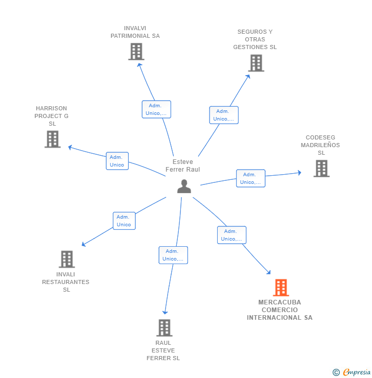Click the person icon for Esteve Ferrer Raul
click(x=184, y=186)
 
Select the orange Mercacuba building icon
click(x=281, y=288)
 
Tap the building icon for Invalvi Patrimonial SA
click(x=136, y=52)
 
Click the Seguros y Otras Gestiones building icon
click(x=255, y=63)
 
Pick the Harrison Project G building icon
click(x=52, y=139)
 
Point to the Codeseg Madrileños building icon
click(x=321, y=168)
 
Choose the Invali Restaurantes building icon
click(x=66, y=259)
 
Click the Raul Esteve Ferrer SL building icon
click(x=164, y=327)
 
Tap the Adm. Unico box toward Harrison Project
click(x=117, y=161)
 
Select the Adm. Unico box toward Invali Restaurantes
click(x=124, y=221)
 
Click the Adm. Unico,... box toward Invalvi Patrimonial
click(x=156, y=109)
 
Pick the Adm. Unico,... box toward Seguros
click(x=223, y=115)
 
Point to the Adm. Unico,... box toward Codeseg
click(x=250, y=178)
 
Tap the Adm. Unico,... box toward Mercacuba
click(x=231, y=235)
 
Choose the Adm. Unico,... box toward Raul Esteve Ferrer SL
click(x=173, y=255)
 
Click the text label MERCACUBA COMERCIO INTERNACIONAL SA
click(x=280, y=310)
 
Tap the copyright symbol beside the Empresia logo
click(x=336, y=372)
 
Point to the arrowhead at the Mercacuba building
click(x=269, y=273)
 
